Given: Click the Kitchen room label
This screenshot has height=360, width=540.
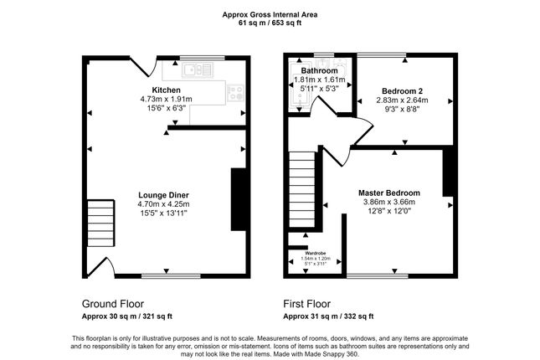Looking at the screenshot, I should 166,90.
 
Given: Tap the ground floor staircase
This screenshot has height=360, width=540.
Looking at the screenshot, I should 100,220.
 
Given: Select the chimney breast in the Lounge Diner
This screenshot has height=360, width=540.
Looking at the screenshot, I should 238,198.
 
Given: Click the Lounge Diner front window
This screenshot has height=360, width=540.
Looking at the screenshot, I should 171,275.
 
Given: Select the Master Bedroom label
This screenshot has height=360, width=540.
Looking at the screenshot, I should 389,193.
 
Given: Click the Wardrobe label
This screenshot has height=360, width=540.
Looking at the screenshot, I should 315,253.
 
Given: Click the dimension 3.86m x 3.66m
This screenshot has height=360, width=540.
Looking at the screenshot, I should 389,202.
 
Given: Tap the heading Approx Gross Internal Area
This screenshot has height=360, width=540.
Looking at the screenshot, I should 270,13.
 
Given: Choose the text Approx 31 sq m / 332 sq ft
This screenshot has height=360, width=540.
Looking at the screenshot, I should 328,316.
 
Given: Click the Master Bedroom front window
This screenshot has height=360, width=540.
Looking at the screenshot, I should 372,275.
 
